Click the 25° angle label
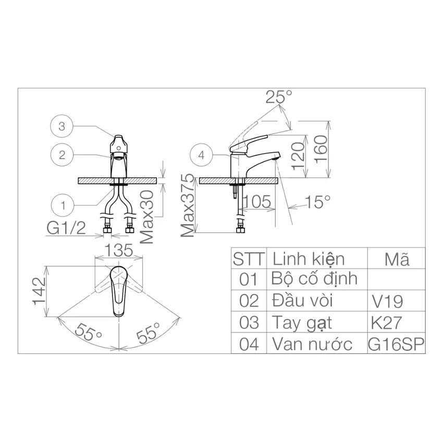point(279,96)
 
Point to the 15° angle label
point(318,202)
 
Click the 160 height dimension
point(321,149)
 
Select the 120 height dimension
point(298,156)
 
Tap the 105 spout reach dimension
point(257,202)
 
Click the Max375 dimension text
point(188,205)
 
